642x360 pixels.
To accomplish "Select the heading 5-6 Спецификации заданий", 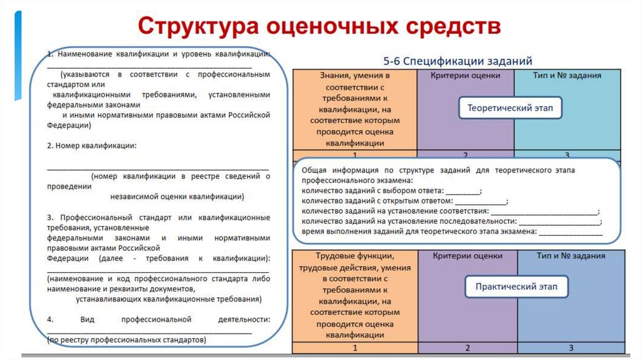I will pos(458,61).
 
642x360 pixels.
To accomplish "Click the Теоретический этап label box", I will pos(510,108).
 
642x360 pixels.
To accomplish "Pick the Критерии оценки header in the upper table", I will pos(465,76).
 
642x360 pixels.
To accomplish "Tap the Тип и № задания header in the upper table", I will pos(568,76).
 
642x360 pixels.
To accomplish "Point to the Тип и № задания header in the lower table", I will pos(571,256).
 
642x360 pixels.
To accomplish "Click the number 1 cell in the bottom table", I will pos(355,347).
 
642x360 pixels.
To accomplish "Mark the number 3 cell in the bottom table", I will pos(571,347).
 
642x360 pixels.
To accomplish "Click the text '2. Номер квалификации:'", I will pos(92,146).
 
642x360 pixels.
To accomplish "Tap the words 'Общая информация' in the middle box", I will pos(333,170).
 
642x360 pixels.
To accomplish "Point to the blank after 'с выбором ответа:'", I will pos(463,191).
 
